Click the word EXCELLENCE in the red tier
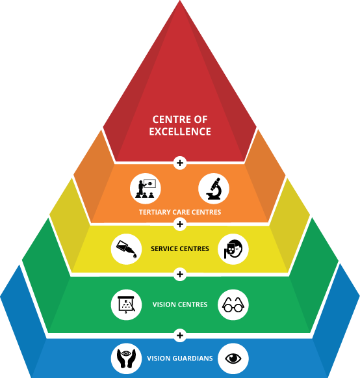180,131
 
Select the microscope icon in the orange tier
214,189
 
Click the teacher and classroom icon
146,189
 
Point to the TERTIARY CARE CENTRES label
180,212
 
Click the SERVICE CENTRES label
180,249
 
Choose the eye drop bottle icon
127,249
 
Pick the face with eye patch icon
233,249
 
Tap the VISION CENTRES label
180,304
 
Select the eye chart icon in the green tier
127,304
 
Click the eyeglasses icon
233,304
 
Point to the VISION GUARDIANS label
180,358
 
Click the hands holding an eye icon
127,358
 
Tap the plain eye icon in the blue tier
233,358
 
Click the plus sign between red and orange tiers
180,163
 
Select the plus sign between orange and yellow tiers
180,224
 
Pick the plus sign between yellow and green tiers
180,275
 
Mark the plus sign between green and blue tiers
180,335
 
